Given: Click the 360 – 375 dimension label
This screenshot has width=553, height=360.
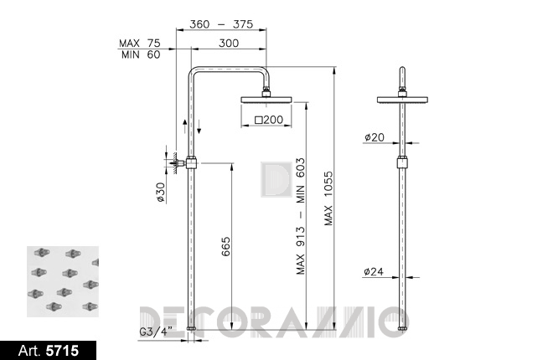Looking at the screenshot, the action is (x=221, y=24).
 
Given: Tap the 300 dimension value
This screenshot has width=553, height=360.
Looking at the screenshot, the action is (x=229, y=43).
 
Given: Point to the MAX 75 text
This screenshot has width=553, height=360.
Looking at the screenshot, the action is (x=139, y=43).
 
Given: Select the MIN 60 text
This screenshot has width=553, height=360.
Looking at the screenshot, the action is (x=141, y=54).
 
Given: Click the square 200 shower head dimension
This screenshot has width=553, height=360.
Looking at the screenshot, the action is (x=269, y=120).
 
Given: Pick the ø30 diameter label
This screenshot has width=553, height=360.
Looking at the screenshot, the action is (x=161, y=192).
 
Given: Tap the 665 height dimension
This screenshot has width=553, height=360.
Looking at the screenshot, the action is (x=225, y=247).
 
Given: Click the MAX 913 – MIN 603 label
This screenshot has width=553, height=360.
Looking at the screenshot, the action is (x=301, y=216).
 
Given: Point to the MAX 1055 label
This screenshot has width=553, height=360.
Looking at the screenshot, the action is (x=328, y=198).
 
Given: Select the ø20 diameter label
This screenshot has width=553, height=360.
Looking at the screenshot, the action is (x=375, y=137).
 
